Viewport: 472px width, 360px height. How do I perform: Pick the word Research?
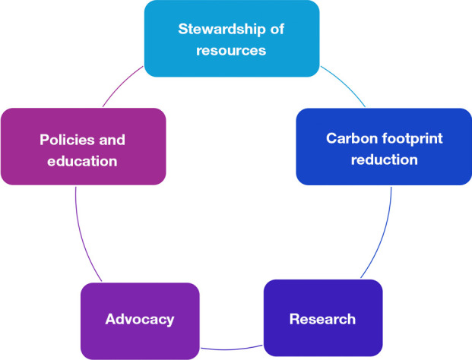(x=322, y=318)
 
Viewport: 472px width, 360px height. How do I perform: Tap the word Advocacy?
(x=139, y=320)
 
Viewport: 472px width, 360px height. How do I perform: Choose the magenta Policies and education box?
(x=83, y=175)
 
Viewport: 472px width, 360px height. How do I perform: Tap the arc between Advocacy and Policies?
(x=84, y=243)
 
